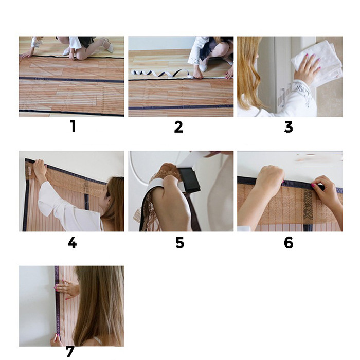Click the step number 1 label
[73, 127]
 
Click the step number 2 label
[178, 127]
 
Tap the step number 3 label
[289, 127]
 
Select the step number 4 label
[72, 243]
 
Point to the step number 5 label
[180, 243]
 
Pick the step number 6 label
[289, 243]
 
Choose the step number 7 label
[70, 351]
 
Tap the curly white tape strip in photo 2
[160, 74]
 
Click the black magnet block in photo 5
[189, 180]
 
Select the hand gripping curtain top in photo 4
[40, 168]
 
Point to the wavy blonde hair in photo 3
[250, 74]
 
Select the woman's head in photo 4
[114, 197]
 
